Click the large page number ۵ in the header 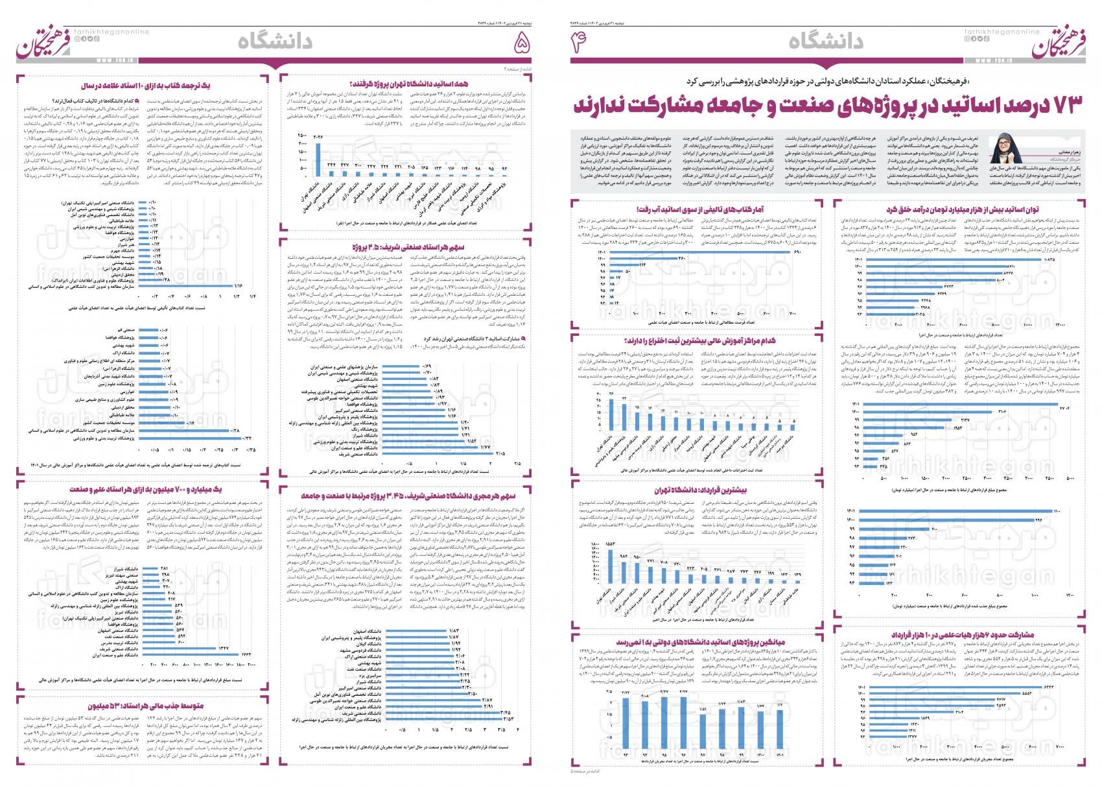[x=519, y=43]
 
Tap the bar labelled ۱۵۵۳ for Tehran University [x=609, y=566]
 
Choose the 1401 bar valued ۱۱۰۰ [x=960, y=512]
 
